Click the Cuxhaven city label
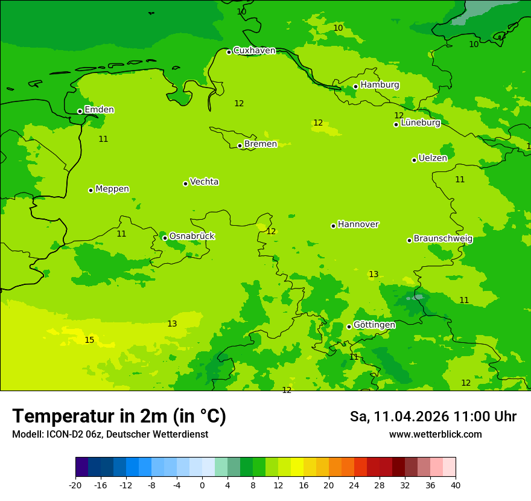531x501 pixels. click(x=254, y=51)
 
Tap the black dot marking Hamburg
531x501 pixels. click(x=355, y=86)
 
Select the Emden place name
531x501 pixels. click(x=99, y=110)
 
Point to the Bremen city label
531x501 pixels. click(x=261, y=144)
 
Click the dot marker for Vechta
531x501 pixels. click(x=185, y=183)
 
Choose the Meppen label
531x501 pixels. click(x=112, y=189)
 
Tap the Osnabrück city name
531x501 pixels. click(x=192, y=236)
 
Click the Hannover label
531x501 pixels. click(x=358, y=225)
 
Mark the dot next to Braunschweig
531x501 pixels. click(x=409, y=240)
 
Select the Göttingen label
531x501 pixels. click(x=374, y=325)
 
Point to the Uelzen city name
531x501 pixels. click(x=433, y=158)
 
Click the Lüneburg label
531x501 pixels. click(x=420, y=123)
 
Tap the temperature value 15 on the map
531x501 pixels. click(x=89, y=340)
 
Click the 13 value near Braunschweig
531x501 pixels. click(x=374, y=275)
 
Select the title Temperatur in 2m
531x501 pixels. click(x=119, y=416)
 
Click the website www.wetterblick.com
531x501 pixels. click(x=435, y=435)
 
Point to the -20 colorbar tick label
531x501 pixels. click(x=75, y=485)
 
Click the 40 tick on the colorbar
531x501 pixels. click(x=455, y=485)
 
